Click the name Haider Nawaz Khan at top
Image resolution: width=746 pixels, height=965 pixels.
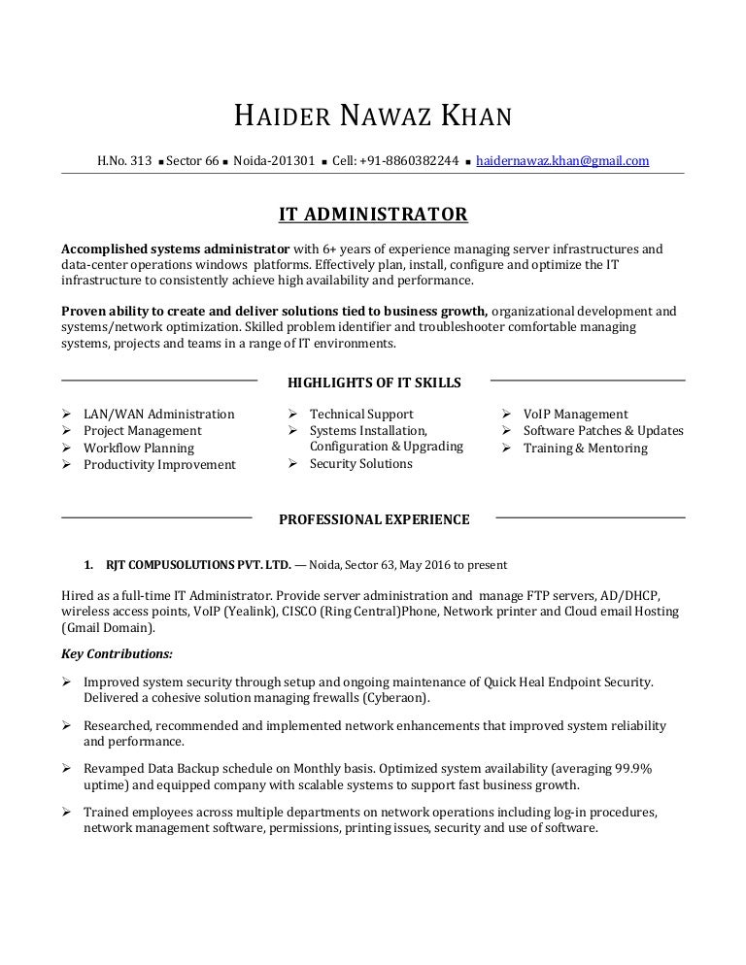coord(373,117)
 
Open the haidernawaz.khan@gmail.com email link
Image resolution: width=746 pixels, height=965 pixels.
coord(562,161)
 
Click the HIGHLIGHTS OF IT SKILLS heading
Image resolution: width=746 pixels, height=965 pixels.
coord(374,383)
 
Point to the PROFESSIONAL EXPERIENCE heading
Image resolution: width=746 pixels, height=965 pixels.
coord(374,519)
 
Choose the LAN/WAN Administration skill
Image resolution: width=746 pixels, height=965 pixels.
coord(158,414)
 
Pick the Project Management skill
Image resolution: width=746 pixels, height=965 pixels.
coord(142,430)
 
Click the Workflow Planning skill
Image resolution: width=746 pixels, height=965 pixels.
coord(138,448)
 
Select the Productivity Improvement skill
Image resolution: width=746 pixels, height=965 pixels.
coord(159,465)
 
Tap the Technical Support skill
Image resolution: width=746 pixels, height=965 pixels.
coord(361,414)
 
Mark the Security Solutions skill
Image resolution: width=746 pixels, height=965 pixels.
coord(360,463)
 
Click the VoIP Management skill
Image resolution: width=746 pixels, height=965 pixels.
coord(575,414)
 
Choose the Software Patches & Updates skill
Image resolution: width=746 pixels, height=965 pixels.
coord(602,430)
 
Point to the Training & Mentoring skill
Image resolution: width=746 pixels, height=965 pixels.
coord(585,448)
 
